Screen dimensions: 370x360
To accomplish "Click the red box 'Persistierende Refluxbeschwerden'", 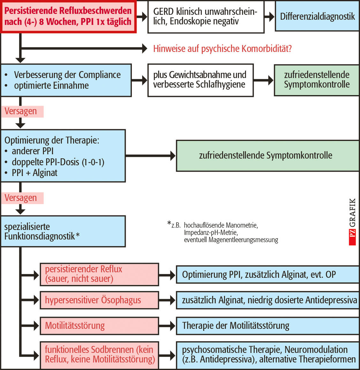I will coord(68,16).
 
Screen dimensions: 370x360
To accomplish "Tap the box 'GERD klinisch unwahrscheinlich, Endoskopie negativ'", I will coord(206,17).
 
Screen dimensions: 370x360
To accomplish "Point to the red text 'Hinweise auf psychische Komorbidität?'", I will coord(222,48).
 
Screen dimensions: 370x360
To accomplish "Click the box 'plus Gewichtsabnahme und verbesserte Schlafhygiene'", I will coord(200,80).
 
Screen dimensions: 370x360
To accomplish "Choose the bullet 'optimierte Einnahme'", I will coord(51,86).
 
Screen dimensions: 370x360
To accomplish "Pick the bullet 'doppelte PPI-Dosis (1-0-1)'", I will coord(58,162).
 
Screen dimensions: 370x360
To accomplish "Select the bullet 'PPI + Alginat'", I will coord(34,173).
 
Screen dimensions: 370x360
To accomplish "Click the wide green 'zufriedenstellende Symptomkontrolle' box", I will coord(267,156).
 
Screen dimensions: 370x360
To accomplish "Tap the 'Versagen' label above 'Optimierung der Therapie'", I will coord(21,111).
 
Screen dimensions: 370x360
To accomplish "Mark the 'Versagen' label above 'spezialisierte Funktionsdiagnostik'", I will coord(21,198).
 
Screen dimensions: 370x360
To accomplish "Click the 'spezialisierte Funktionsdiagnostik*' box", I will coord(63,231).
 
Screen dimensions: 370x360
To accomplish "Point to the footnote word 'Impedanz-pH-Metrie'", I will coord(211,233).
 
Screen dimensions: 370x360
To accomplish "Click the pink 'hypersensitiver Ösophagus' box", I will coord(99,300).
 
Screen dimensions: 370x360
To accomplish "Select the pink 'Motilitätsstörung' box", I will coord(99,326).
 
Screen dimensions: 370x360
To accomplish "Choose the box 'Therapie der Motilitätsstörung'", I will coord(267,326).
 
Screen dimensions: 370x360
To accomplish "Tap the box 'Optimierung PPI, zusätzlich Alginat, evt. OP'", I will coord(267,275).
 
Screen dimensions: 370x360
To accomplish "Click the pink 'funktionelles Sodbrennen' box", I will coord(99,354).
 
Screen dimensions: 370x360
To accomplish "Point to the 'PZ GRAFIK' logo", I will coord(352,222).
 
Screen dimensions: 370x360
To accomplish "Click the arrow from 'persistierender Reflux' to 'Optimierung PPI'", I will coord(167,275).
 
